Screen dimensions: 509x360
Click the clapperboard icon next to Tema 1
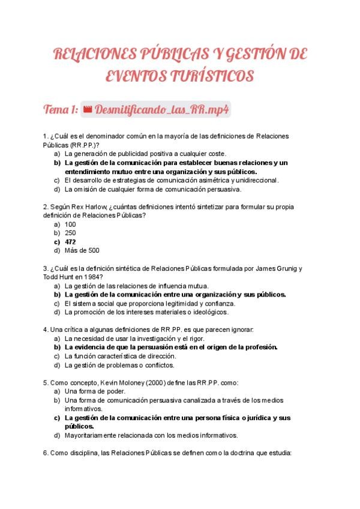pyautogui.click(x=86, y=110)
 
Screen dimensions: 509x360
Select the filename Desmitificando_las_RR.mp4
pyautogui.click(x=163, y=110)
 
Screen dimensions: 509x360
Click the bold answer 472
pyautogui.click(x=70, y=242)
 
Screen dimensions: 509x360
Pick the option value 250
pyautogui.click(x=70, y=233)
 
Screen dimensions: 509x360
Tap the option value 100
pyautogui.click(x=70, y=224)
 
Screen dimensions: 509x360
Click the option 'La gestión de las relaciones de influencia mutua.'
pyautogui.click(x=136, y=286)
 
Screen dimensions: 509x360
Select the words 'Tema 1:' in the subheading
pyautogui.click(x=60, y=110)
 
